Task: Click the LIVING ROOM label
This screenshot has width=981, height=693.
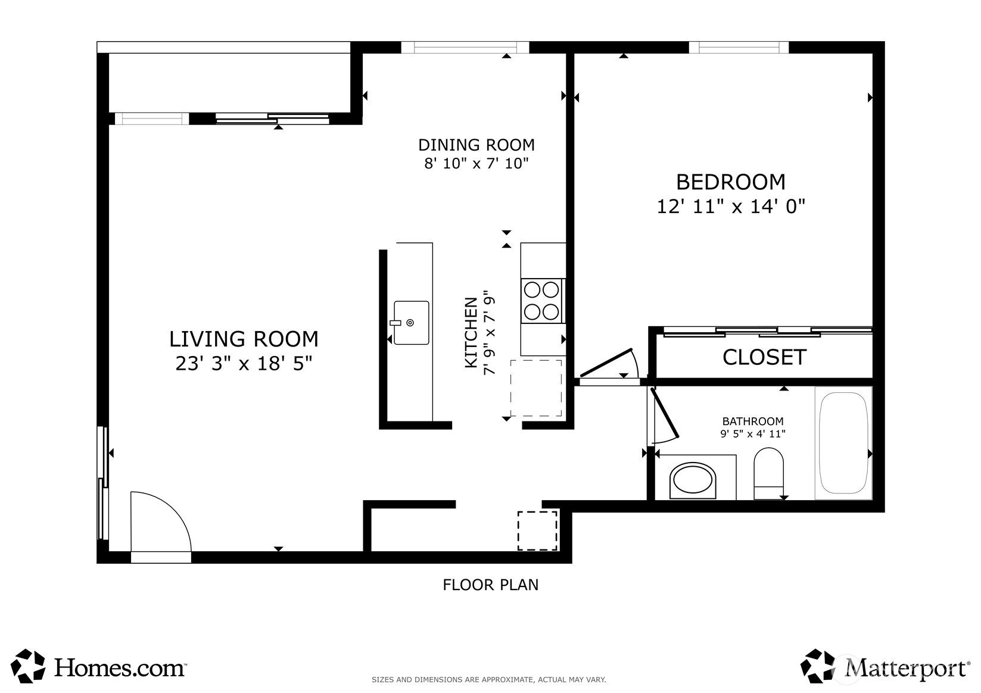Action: click(244, 339)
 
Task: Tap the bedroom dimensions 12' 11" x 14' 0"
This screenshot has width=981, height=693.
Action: click(730, 206)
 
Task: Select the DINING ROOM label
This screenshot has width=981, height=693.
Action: click(476, 145)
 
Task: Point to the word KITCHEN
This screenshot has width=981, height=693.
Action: click(471, 332)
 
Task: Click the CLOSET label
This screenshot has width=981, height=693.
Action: click(764, 357)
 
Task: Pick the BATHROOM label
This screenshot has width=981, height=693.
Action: click(752, 421)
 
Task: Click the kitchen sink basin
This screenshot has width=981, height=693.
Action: click(411, 323)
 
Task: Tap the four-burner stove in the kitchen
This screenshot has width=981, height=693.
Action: click(543, 301)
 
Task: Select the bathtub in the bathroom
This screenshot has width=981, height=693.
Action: click(843, 442)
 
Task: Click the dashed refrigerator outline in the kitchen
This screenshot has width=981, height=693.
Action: click(536, 388)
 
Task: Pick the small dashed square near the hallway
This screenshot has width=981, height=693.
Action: click(537, 530)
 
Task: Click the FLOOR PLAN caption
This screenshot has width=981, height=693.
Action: click(491, 585)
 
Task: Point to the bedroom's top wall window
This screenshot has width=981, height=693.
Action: click(739, 47)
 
